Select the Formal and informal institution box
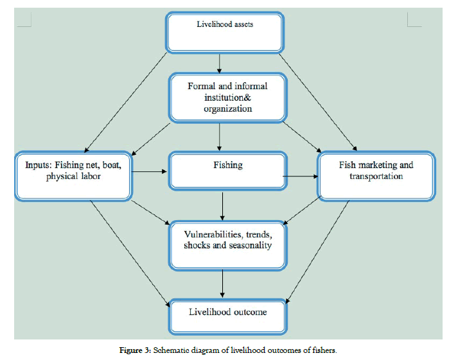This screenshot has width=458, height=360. (x=227, y=97)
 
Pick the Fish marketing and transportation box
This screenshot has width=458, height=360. (x=376, y=175)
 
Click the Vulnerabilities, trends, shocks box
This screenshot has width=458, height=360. (x=227, y=244)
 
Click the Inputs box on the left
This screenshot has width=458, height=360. (x=75, y=175)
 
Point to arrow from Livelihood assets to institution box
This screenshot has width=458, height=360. (x=220, y=62)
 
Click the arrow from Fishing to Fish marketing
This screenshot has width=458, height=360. (x=301, y=175)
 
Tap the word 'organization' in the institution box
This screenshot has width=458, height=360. (x=228, y=108)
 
